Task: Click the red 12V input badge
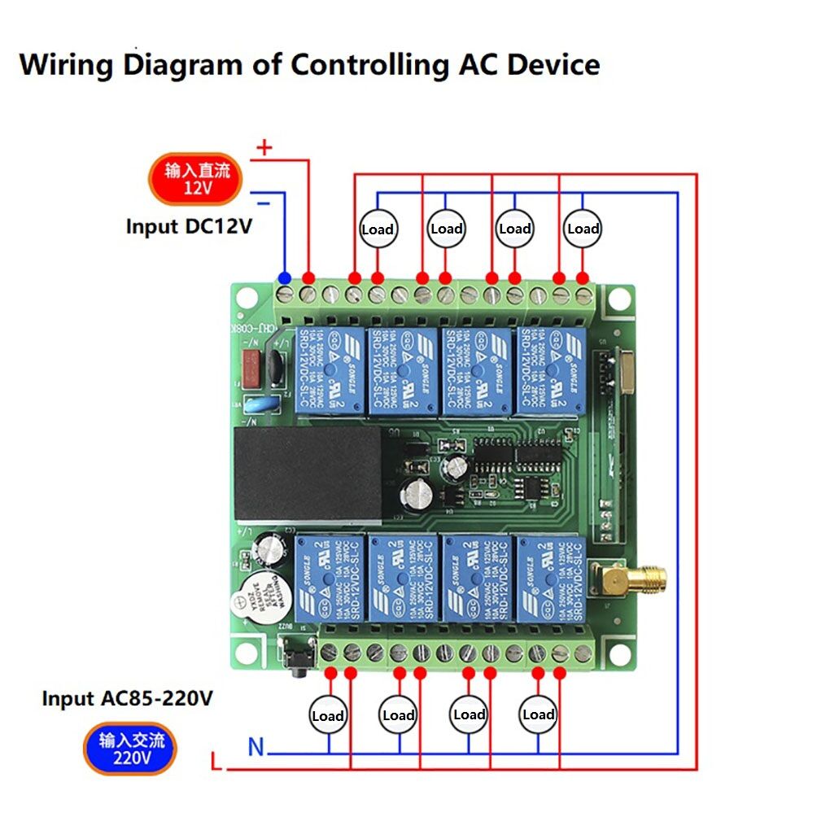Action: tap(196, 179)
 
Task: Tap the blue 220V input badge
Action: tap(130, 749)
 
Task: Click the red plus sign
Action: tap(264, 147)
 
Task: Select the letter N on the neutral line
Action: tap(256, 746)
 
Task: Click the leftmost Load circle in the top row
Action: tap(378, 229)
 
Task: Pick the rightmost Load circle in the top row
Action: tap(583, 229)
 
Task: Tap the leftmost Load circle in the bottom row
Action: tap(328, 716)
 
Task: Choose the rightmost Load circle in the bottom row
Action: tap(538, 714)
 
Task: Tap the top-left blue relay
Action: tap(330, 372)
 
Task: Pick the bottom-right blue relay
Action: tap(551, 577)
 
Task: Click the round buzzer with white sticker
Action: tap(259, 598)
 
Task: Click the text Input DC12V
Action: tap(189, 226)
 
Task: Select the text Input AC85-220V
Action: tap(127, 698)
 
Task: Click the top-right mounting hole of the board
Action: tap(618, 299)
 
